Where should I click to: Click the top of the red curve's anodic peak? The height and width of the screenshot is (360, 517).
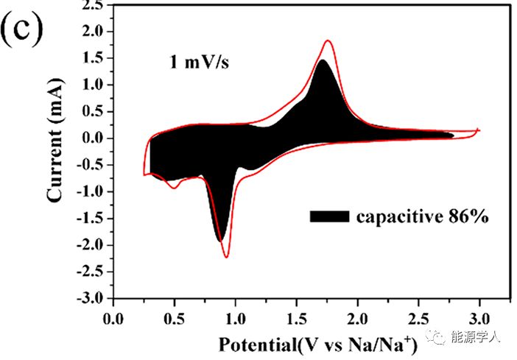click(x=328, y=40)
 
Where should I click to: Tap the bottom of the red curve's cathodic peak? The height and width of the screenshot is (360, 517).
click(x=226, y=257)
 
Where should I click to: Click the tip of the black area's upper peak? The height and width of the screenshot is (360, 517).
click(x=322, y=60)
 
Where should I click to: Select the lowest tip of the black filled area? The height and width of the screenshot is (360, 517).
click(x=219, y=241)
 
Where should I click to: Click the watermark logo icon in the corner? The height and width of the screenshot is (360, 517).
click(x=440, y=338)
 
